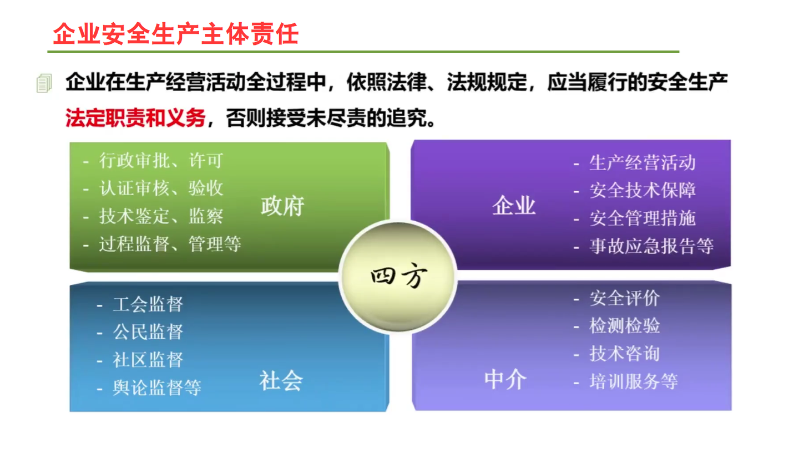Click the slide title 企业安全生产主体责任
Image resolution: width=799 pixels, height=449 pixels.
[175, 33]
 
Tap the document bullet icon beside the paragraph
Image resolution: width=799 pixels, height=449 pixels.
[44, 83]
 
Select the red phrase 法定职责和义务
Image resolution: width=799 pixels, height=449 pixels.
[135, 118]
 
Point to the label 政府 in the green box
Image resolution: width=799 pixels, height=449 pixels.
[282, 206]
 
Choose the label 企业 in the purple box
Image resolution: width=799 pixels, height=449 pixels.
[514, 206]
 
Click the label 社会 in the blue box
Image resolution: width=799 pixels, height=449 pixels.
[281, 380]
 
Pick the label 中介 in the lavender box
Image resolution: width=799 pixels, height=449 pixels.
[505, 380]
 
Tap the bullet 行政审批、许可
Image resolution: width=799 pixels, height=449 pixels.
[160, 161]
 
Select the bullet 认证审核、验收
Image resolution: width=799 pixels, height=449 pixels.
[161, 188]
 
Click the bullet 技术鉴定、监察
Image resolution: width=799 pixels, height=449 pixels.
[161, 216]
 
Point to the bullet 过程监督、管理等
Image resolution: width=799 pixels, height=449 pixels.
[170, 244]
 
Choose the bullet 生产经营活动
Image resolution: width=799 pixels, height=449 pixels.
[642, 163]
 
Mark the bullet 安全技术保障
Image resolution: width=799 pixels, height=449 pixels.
[642, 191]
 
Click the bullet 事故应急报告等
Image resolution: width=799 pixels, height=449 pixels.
[651, 246]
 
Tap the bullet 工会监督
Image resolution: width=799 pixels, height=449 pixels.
[148, 304]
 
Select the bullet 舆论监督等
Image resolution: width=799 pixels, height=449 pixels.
[156, 387]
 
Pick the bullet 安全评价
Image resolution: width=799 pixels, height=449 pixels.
[624, 298]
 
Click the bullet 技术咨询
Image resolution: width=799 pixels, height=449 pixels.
[624, 354]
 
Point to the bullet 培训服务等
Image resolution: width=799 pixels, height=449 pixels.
[633, 381]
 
